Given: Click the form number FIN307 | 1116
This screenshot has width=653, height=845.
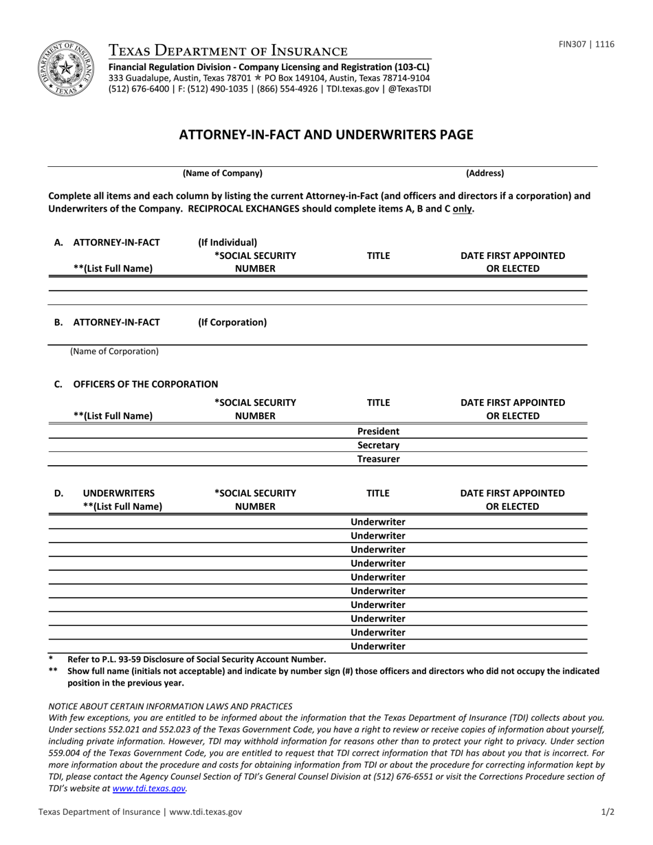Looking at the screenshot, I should [x=586, y=45].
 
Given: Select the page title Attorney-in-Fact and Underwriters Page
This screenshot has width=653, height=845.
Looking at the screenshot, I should [x=326, y=135].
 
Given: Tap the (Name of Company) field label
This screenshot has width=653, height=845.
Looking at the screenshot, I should [x=222, y=173].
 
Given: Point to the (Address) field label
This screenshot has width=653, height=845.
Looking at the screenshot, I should [x=485, y=173].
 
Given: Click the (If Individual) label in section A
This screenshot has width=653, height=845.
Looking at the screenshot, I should [x=228, y=242].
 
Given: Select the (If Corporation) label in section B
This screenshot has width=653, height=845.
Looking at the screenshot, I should [x=232, y=322].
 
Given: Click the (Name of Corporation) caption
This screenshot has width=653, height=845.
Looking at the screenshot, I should [x=114, y=351].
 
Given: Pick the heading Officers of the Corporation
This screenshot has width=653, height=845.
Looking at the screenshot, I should [x=145, y=384].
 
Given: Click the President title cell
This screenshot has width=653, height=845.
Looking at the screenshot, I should [x=378, y=431].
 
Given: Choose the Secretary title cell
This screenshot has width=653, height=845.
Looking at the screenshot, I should [x=378, y=445].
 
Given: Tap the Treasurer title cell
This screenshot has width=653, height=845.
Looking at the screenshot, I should [x=378, y=459].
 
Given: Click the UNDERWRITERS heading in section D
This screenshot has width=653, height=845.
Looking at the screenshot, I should [x=118, y=493].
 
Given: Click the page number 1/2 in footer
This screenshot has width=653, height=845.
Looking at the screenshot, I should [x=608, y=811].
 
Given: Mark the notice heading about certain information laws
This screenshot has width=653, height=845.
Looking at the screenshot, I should [x=170, y=706].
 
